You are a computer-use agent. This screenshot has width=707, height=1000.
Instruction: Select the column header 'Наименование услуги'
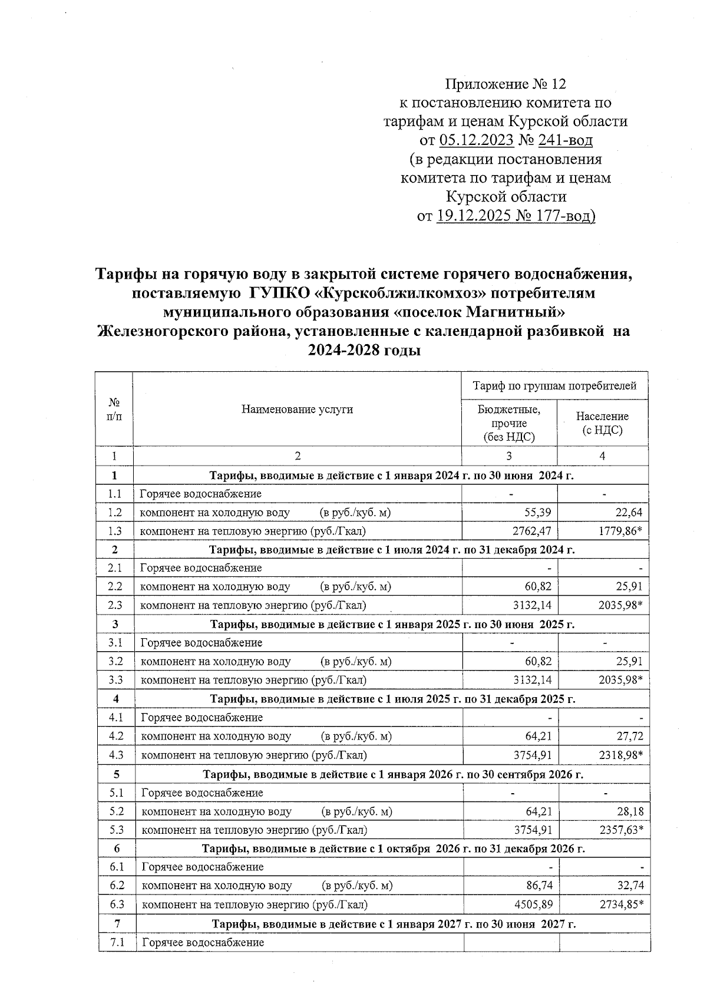[x=297, y=409]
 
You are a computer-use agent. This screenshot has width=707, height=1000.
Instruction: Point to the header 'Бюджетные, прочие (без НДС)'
[x=508, y=423]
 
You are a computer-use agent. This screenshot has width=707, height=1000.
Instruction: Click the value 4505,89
[x=533, y=905]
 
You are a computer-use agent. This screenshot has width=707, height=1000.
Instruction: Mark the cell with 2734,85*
[x=621, y=905]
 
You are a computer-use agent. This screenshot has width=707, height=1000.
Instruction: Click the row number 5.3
[x=116, y=830]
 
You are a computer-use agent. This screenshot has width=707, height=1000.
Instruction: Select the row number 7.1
[x=117, y=942]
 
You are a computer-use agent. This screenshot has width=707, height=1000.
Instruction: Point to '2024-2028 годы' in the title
[x=364, y=350]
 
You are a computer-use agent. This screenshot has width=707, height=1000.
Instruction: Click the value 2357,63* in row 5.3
[x=621, y=830]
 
